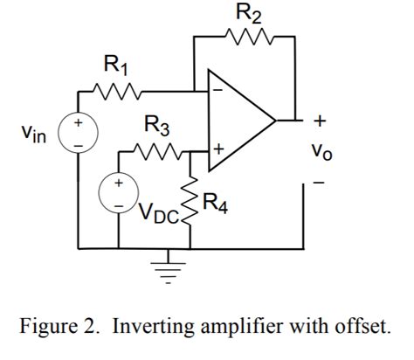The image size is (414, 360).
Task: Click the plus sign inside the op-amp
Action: [x=217, y=152]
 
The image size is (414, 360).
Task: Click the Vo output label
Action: [x=321, y=150]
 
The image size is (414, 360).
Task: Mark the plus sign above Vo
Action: [x=321, y=119]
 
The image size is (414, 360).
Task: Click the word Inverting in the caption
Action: [x=146, y=328]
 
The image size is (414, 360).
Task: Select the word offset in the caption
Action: [x=361, y=328]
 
